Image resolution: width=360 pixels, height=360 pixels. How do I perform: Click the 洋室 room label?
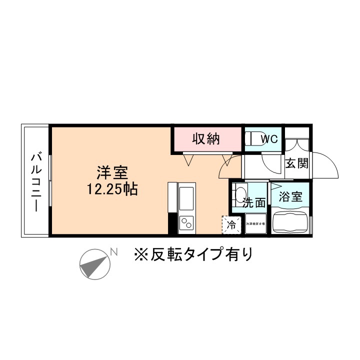coord(112,175)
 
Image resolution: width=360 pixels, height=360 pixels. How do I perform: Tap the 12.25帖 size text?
coord(112,190)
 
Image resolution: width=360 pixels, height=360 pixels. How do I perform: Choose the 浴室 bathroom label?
coord(290,196)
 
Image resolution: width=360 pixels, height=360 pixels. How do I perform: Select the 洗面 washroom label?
coord(254,203)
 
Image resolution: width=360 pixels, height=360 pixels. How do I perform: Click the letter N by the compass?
coord(114,252)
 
